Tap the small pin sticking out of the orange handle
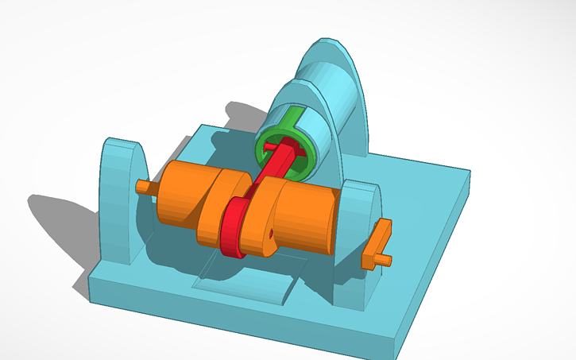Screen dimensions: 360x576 tap(386, 260)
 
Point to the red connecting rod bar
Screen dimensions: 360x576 tap(273, 171)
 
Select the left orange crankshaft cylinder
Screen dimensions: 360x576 tap(176, 195)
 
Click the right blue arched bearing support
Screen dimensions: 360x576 tap(358, 238)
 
